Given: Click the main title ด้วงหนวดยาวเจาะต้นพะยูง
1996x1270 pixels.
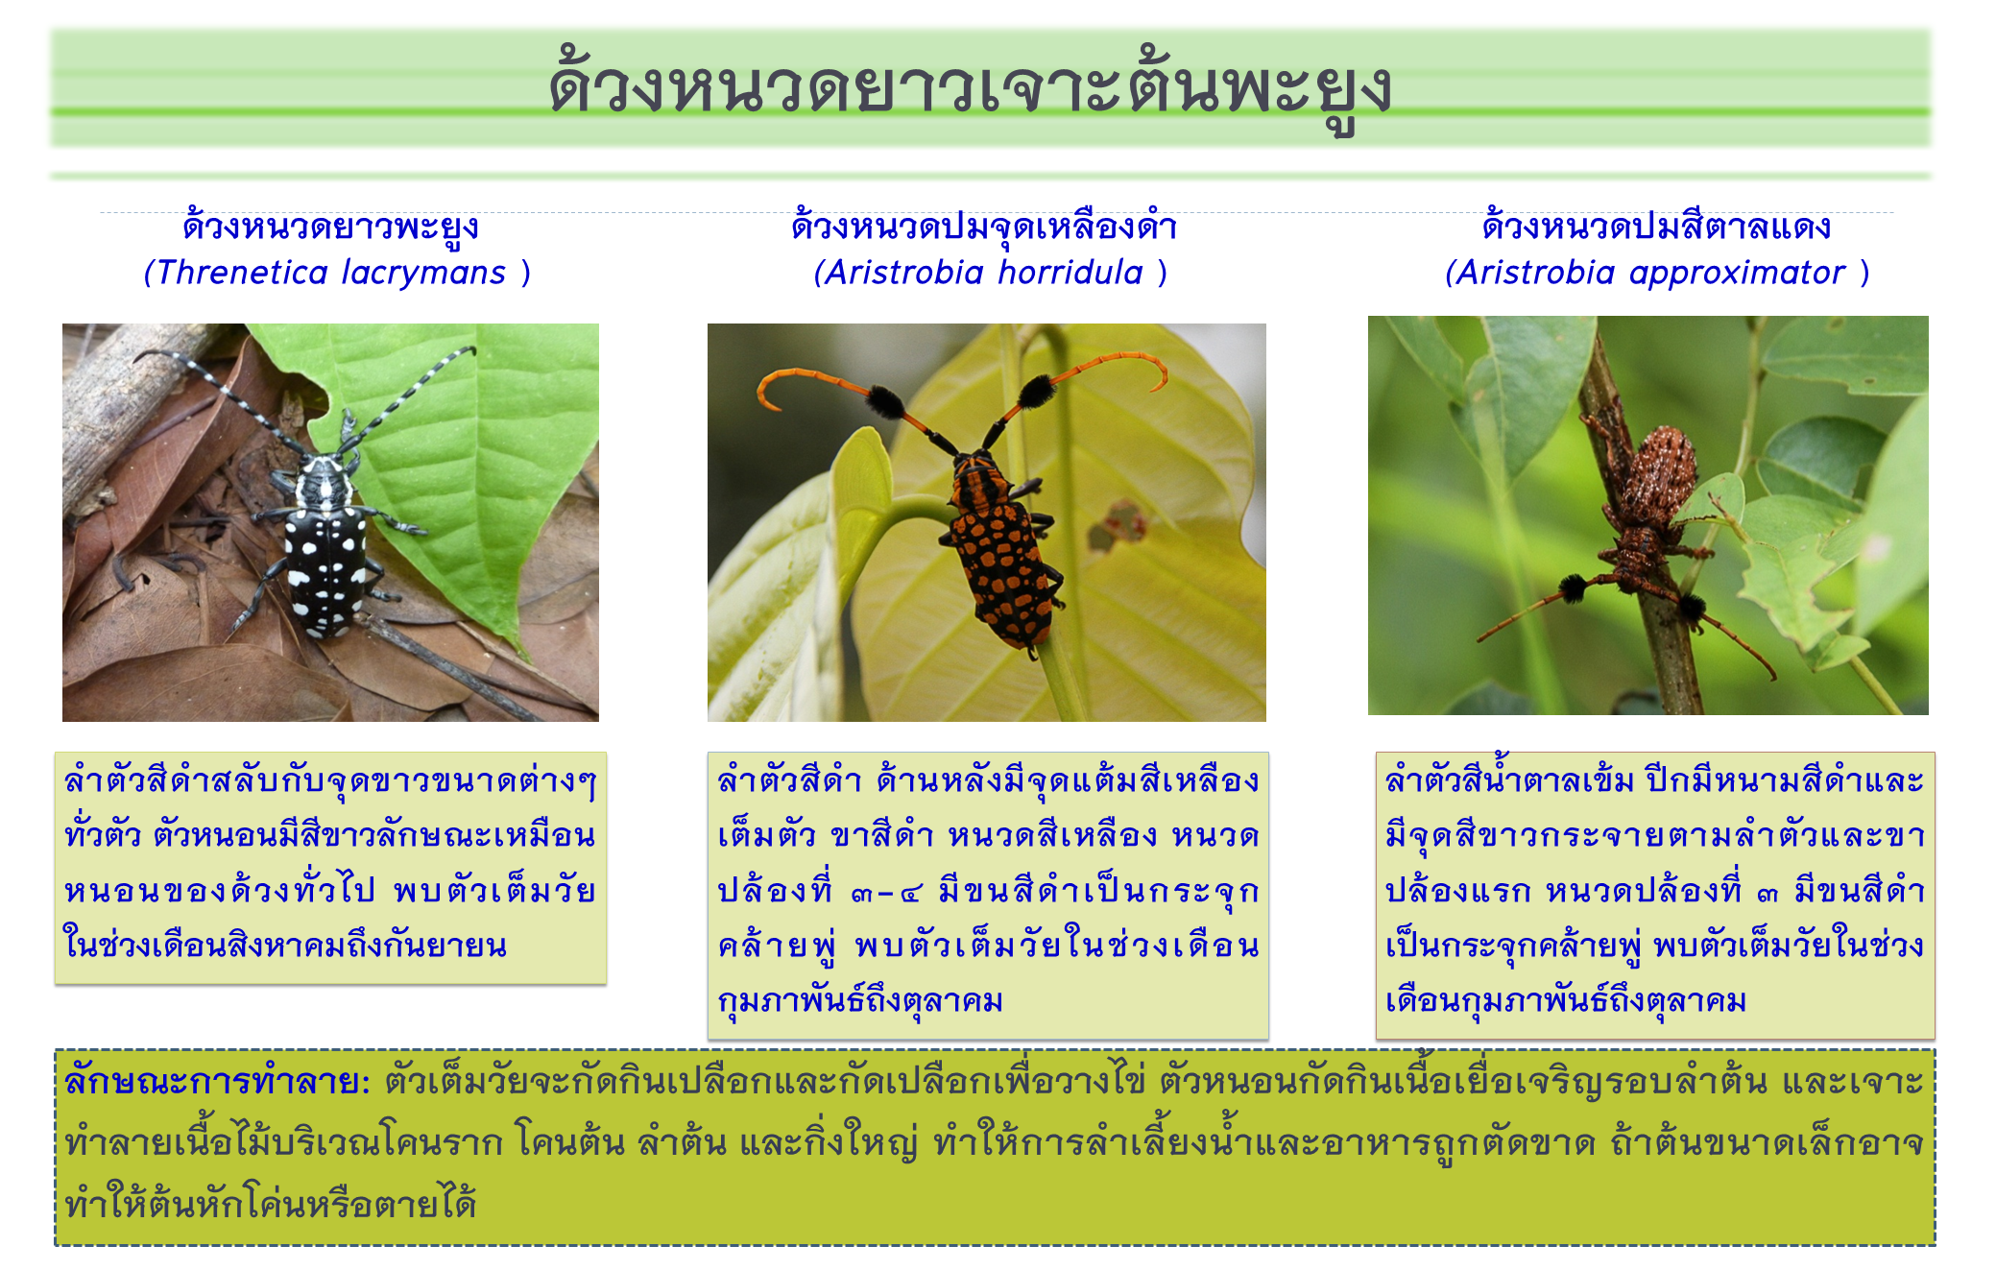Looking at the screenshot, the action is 970,88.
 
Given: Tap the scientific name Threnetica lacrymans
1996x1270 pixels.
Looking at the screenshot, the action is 331,273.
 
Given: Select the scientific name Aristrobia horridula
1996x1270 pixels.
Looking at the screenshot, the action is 985,273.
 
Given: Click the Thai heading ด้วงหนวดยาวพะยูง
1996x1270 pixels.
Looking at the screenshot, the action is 331,228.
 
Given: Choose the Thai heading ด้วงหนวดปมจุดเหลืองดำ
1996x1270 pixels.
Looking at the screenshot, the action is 985,226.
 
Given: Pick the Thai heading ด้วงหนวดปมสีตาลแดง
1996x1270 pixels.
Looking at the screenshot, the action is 1656,226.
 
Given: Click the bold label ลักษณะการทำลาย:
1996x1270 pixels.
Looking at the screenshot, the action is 217,1082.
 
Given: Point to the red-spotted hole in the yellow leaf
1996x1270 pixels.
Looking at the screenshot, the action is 1119,523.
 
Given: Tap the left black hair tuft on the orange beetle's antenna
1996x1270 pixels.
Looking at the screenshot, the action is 885,399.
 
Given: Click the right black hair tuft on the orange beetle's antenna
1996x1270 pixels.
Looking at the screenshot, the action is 1037,390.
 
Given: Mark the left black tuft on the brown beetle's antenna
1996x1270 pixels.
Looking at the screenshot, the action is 1573,587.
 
